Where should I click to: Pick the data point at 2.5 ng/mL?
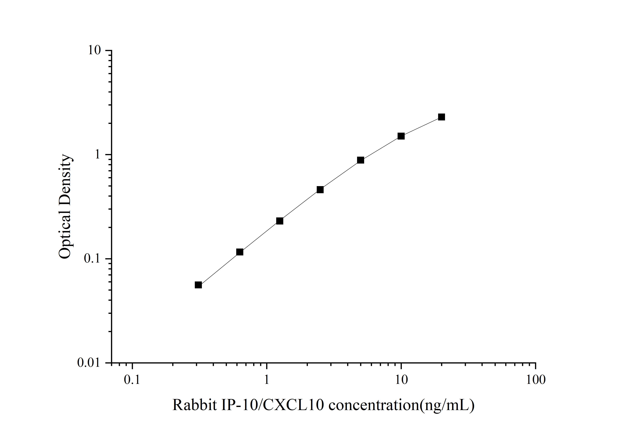click(320, 190)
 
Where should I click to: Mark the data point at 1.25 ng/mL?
click(280, 221)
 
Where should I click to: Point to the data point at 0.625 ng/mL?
click(240, 252)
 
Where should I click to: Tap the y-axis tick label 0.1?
click(92, 259)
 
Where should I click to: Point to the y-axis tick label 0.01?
click(89, 363)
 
